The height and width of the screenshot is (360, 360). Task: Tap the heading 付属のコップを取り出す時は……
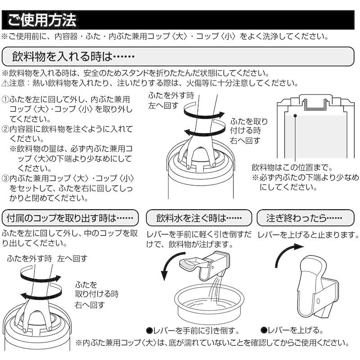coord(67,219)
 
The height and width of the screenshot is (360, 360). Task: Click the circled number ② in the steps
coord(5,129)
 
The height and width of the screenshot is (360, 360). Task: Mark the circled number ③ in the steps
coord(5,179)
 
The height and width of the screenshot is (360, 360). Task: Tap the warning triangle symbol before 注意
coord(5,83)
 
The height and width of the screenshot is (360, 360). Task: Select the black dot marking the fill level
coord(295,116)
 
